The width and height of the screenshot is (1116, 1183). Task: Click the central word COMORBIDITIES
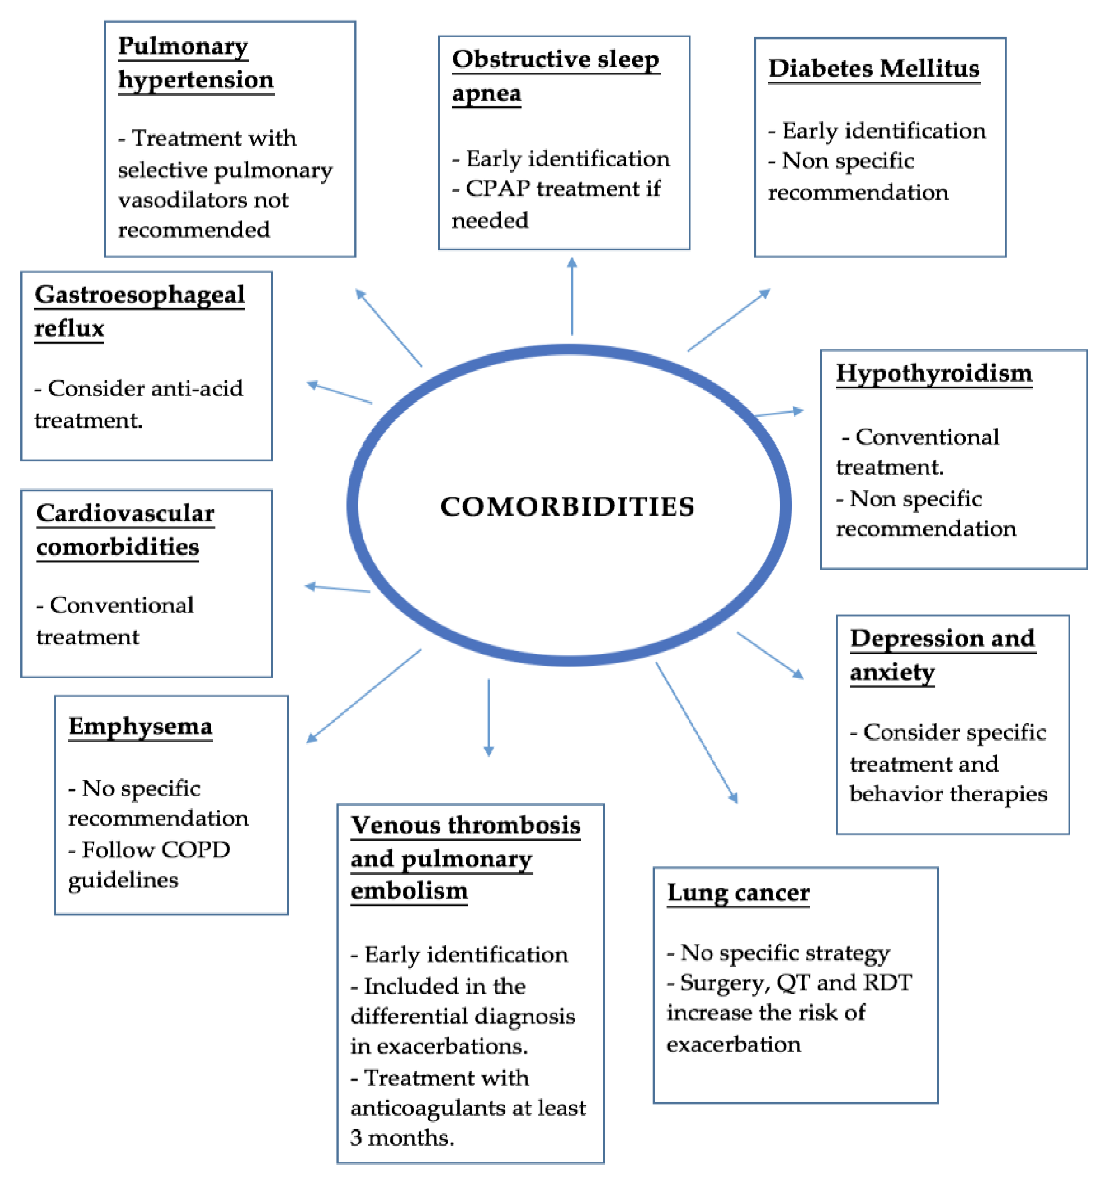coord(567,506)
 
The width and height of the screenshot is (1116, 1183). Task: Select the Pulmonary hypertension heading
coord(195,63)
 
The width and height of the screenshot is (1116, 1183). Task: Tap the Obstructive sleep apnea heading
coord(555,76)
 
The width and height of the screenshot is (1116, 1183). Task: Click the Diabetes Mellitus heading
coord(873,69)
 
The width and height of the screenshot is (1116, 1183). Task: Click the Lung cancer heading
coord(738,893)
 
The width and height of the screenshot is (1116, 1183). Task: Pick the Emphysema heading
coord(140,727)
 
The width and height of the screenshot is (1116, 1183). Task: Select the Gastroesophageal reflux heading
coord(139,311)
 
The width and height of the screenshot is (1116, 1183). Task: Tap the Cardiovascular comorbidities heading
coord(125,529)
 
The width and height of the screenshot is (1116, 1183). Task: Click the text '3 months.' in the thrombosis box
coord(402,1138)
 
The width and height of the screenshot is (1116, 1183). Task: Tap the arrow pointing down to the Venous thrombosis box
coord(488,717)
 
